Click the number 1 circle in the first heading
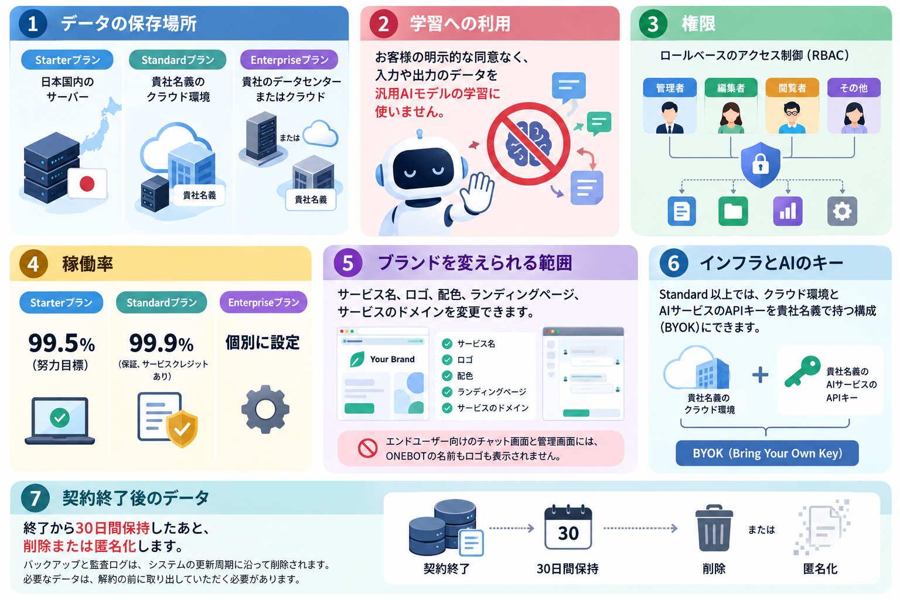[x=33, y=23]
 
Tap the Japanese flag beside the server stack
[x=87, y=183]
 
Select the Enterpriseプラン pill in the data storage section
[x=289, y=60]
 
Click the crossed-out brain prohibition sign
[x=529, y=144]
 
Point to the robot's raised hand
[x=478, y=192]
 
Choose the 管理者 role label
[x=670, y=88]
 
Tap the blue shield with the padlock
[x=760, y=165]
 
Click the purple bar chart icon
[x=787, y=211]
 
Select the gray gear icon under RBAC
[x=842, y=211]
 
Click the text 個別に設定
[x=262, y=342]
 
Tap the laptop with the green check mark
[x=60, y=420]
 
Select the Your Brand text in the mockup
[x=392, y=359]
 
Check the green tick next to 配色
[x=447, y=376]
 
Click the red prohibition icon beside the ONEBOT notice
[x=367, y=448]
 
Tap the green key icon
[x=802, y=371]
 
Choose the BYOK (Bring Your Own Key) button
[x=767, y=454]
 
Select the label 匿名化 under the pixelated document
[x=820, y=569]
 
